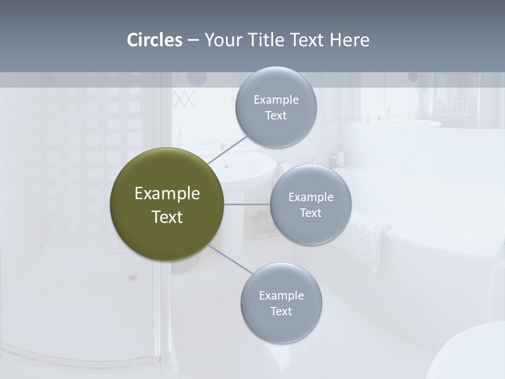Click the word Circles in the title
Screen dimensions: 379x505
[x=155, y=40]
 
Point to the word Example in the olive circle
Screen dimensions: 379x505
[x=167, y=194]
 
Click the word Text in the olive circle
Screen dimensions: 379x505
[x=167, y=217]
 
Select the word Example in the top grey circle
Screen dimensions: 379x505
[x=276, y=99]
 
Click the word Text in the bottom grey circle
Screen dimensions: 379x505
[x=281, y=311]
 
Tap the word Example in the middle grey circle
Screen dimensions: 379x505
[x=311, y=197]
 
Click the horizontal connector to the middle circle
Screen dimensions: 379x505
[x=247, y=204]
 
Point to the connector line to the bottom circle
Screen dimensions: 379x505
[x=230, y=259]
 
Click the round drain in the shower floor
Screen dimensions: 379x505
[x=132, y=277]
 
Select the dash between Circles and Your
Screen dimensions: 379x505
[x=193, y=41]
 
